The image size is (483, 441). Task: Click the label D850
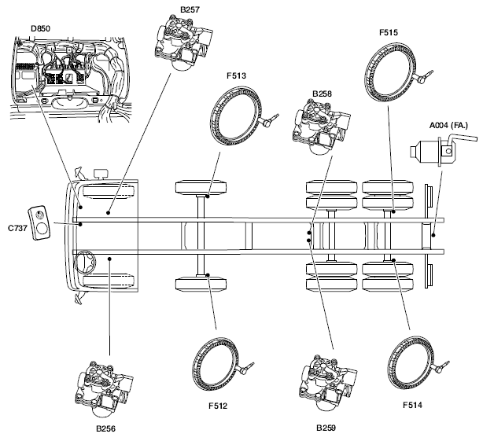(x=41, y=29)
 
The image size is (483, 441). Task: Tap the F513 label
(x=238, y=77)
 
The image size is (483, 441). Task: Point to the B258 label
(x=322, y=94)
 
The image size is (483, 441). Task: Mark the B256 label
(x=106, y=429)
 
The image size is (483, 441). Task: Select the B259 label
(x=326, y=428)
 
